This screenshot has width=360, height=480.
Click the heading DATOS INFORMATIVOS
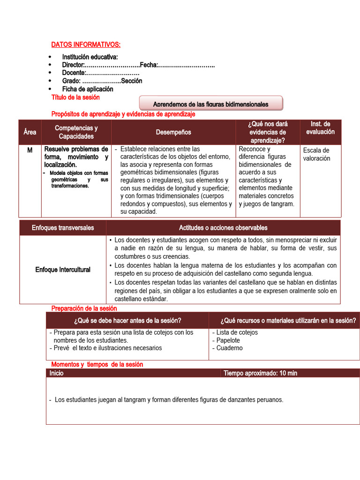(86, 45)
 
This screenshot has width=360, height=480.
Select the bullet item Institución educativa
(90, 57)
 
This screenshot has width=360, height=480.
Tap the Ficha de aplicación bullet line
(88, 89)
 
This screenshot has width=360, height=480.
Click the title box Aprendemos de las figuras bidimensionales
(211, 104)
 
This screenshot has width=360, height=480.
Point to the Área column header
(30, 132)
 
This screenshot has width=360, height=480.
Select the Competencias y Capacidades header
(76, 132)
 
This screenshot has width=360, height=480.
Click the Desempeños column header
(173, 132)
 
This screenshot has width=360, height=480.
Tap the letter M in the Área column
(30, 149)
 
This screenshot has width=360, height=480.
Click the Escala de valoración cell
(316, 154)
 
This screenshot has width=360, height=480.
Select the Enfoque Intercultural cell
(63, 270)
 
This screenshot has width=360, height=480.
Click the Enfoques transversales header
(63, 228)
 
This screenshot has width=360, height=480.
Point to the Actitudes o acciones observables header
(223, 228)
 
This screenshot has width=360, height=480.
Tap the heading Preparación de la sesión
(84, 308)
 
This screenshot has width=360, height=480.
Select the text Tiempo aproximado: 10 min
(260, 373)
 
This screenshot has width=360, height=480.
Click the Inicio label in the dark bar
(56, 373)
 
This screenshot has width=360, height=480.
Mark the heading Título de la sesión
(75, 97)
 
